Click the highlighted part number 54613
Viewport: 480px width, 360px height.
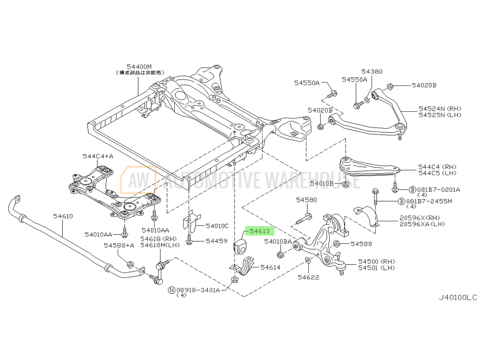[260, 231]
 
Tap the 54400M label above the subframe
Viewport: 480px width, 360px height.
[139, 67]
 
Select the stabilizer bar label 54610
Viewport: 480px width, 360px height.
[63, 216]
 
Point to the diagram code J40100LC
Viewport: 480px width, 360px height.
[458, 297]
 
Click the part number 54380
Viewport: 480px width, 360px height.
[372, 72]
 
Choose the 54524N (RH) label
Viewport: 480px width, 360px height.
[440, 108]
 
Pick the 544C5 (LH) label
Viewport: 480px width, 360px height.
[437, 173]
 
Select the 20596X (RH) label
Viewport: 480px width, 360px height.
[420, 218]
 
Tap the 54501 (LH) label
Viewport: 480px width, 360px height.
[376, 268]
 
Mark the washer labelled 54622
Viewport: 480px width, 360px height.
[308, 261]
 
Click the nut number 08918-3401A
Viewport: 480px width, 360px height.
[198, 290]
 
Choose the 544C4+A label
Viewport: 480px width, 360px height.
[98, 156]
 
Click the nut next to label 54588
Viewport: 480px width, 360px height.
[336, 244]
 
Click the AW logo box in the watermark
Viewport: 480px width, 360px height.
[138, 180]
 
